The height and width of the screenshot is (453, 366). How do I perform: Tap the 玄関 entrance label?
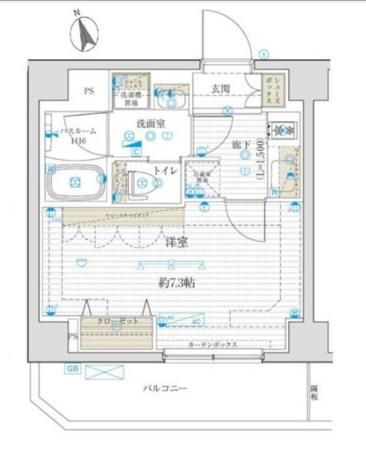220,89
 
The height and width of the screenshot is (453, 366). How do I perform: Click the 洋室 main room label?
176,241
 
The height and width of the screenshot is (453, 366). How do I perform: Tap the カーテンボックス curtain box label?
213,345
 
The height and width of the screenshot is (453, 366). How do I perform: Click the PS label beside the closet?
72,336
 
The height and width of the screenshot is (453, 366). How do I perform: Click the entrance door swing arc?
234,33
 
